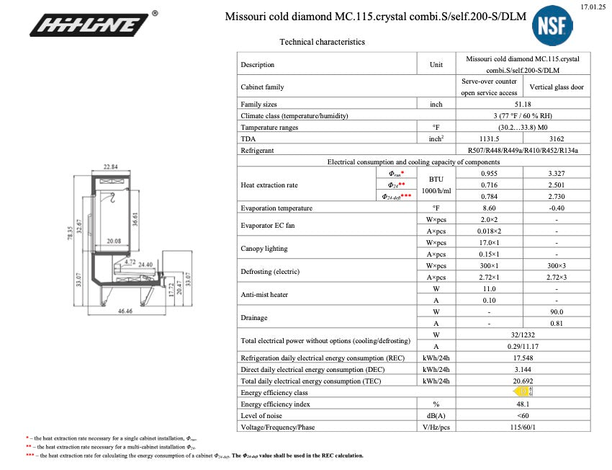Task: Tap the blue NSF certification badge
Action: pos(552,27)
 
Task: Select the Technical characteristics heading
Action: pos(322,42)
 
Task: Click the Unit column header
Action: pos(436,64)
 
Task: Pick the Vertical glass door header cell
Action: pos(557,87)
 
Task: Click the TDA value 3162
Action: pos(557,138)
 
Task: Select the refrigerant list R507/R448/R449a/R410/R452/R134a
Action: pos(523,150)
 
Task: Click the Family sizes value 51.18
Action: pos(523,105)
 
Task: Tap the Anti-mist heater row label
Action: pos(264,294)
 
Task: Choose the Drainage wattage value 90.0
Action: pos(557,311)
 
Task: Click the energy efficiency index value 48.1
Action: pos(523,404)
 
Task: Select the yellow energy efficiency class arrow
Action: pos(523,392)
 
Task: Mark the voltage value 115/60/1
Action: pos(523,427)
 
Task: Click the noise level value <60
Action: pos(523,416)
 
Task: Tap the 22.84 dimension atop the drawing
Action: pos(110,167)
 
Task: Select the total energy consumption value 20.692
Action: pos(523,381)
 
